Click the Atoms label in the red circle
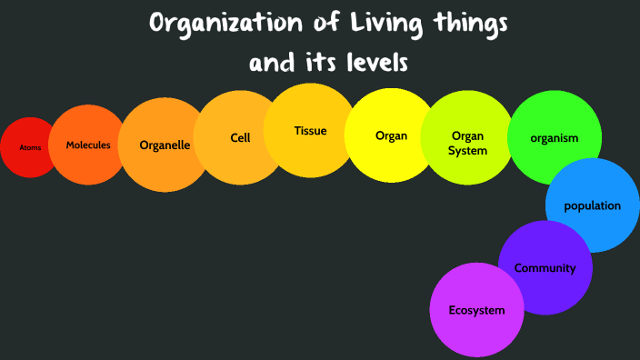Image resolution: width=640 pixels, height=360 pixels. [31, 147]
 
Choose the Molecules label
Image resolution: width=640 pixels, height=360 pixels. [88, 145]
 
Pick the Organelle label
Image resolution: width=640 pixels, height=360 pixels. [165, 145]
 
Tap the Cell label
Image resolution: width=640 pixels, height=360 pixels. [240, 138]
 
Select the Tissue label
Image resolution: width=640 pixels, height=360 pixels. [310, 131]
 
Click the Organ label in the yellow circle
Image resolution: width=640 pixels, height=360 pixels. [391, 136]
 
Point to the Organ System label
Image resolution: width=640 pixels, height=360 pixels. [467, 144]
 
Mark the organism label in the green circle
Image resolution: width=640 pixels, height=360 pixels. [554, 138]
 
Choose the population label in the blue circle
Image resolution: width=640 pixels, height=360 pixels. [592, 205]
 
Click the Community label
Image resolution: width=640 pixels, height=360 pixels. [545, 268]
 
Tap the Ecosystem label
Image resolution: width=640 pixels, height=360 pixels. [476, 311]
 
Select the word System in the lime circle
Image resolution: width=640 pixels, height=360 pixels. [467, 151]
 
